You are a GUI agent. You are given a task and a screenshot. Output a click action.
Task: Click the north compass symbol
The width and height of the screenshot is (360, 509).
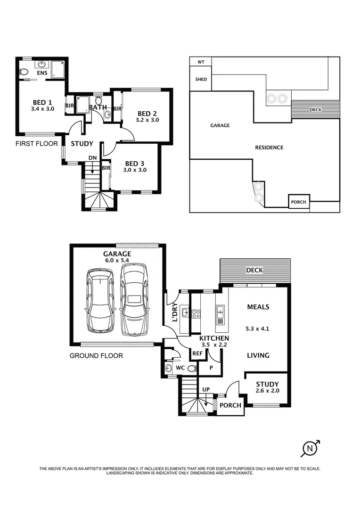310,449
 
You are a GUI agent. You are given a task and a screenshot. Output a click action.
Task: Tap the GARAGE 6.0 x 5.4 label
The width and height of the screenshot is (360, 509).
117,257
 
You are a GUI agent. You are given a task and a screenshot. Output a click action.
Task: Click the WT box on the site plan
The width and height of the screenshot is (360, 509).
201,62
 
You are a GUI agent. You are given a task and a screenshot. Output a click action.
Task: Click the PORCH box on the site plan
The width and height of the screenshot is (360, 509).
298,202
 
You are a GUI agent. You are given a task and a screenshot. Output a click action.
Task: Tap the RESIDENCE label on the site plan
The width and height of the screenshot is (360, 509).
269,148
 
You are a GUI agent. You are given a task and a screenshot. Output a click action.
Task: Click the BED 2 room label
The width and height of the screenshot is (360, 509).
147,114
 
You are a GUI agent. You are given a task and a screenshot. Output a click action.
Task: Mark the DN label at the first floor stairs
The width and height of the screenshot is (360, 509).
92,158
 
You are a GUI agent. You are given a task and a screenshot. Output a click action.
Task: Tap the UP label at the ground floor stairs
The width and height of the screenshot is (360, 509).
205,390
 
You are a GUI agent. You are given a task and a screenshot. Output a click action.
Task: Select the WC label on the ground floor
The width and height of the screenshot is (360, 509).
180,368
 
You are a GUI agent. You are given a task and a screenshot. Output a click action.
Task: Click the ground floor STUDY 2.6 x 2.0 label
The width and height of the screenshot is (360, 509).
267,387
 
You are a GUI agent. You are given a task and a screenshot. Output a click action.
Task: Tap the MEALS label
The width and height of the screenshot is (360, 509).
258,307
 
